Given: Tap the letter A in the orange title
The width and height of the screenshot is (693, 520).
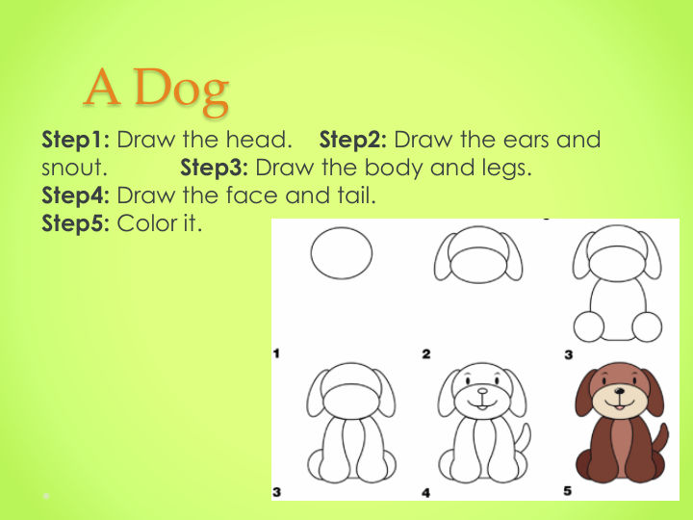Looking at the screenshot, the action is (x=102, y=87).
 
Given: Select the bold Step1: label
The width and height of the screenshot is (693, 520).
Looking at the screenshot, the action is (x=76, y=141).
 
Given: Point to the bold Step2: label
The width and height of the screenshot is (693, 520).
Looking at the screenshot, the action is (x=353, y=141).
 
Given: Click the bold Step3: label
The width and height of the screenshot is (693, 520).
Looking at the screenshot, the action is (x=215, y=169).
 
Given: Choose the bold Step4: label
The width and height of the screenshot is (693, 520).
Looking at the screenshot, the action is (x=76, y=195).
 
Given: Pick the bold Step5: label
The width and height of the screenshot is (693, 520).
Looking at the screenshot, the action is (x=76, y=223).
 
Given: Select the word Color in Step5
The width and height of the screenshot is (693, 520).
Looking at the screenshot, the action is (x=146, y=223).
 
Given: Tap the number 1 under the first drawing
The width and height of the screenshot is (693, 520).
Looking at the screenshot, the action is (x=276, y=353).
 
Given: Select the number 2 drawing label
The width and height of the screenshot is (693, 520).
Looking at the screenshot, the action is (x=426, y=353).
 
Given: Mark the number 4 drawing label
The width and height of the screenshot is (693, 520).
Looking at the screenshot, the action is (x=426, y=493).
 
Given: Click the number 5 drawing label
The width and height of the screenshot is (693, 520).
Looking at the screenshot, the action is (x=568, y=491).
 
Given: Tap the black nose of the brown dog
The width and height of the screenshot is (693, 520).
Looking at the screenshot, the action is (x=621, y=391).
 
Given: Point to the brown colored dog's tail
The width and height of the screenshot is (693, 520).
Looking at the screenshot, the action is (x=661, y=443).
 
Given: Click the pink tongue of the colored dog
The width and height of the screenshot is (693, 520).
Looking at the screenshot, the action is (x=620, y=406).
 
